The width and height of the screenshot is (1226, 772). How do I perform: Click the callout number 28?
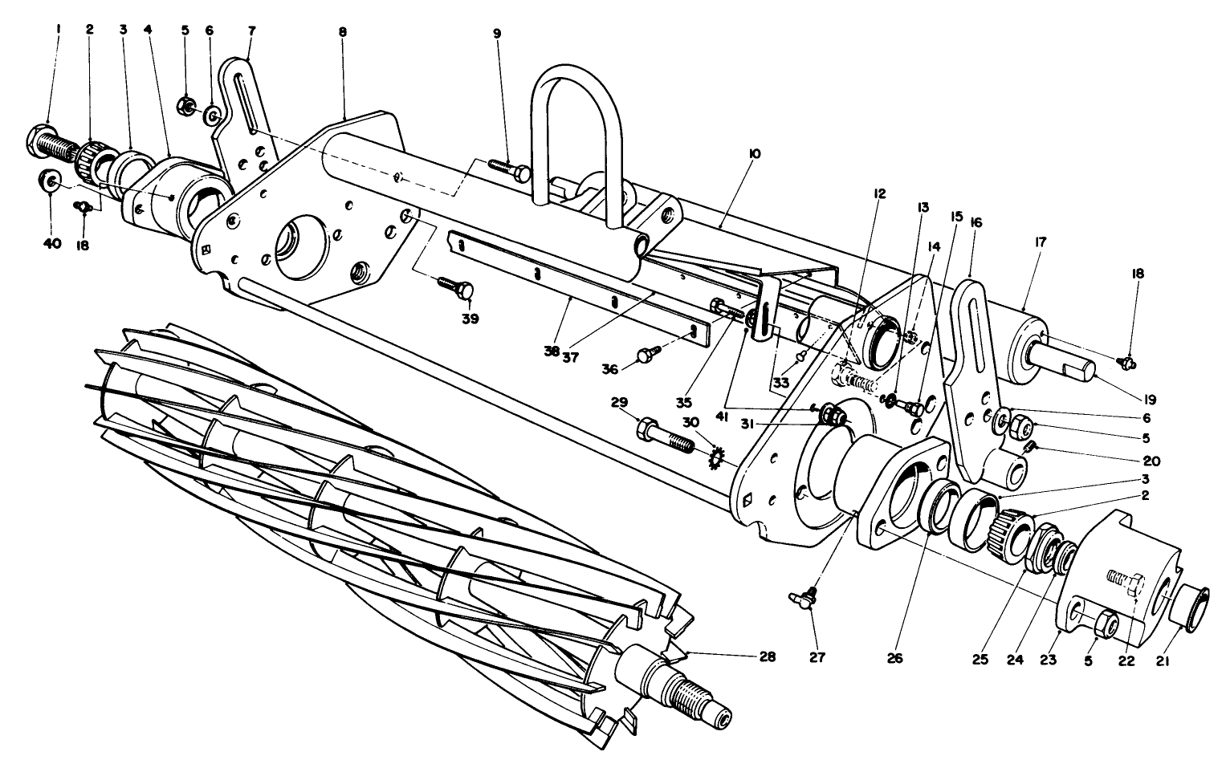[767, 656]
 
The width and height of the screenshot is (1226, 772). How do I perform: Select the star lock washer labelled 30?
[716, 458]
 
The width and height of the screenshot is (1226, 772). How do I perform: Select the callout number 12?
[882, 194]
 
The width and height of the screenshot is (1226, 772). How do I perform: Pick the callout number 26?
[895, 658]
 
